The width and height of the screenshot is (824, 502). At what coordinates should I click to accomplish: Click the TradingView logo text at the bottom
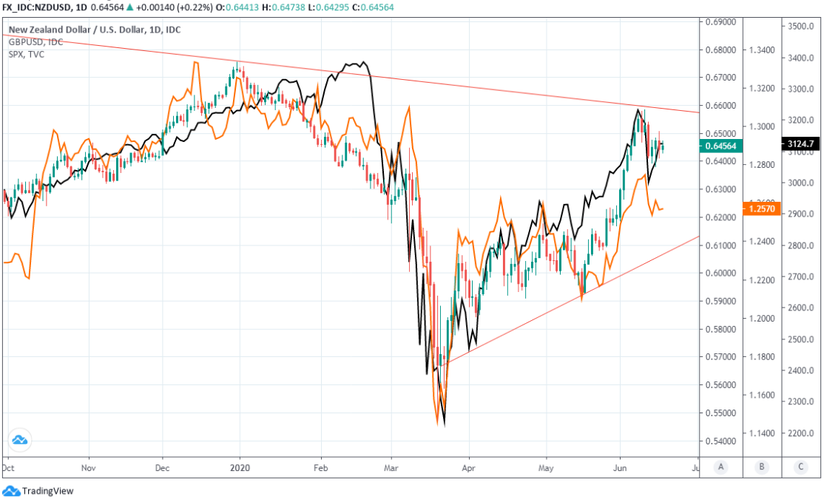pyautogui.click(x=47, y=491)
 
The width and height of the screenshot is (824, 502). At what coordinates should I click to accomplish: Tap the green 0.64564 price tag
pyautogui.click(x=720, y=146)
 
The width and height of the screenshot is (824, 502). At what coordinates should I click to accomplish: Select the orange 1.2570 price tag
pyautogui.click(x=761, y=209)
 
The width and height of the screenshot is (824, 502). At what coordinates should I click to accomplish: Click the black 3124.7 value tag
pyautogui.click(x=800, y=143)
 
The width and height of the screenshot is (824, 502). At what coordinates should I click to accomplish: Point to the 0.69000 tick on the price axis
pyautogui.click(x=720, y=22)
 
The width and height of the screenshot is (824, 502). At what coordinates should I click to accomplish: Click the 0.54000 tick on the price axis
pyautogui.click(x=720, y=441)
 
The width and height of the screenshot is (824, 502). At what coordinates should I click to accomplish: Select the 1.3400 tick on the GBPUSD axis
pyautogui.click(x=761, y=50)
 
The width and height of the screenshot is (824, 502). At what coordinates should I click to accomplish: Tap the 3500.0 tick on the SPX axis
pyautogui.click(x=801, y=26)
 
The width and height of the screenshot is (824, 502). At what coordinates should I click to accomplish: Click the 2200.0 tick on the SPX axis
pyautogui.click(x=801, y=433)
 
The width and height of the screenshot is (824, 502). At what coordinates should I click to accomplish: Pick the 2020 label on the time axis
pyautogui.click(x=240, y=467)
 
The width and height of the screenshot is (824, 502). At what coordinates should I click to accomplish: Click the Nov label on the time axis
pyautogui.click(x=88, y=467)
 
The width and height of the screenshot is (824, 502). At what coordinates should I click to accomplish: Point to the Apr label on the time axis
pyautogui.click(x=467, y=467)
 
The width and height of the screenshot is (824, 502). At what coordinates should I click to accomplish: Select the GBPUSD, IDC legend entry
pyautogui.click(x=36, y=42)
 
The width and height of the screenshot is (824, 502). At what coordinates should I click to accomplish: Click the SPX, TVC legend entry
pyautogui.click(x=27, y=54)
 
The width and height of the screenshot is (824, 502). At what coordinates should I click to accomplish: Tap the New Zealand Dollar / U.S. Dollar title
pyautogui.click(x=95, y=30)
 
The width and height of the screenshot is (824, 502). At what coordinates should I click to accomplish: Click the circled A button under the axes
pyautogui.click(x=721, y=467)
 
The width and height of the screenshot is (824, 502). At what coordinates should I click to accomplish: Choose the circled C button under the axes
pyautogui.click(x=801, y=467)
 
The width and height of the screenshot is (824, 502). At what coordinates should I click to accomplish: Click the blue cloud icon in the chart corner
pyautogui.click(x=20, y=440)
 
